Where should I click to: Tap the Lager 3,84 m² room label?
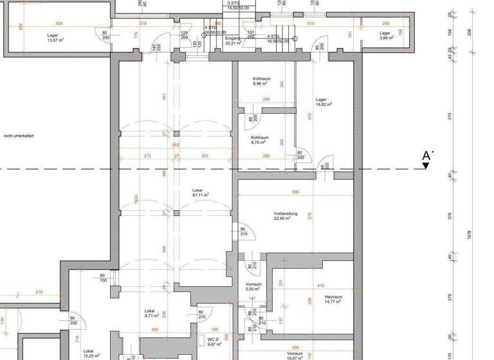coord(385,35)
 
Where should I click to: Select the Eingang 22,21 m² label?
coord(233,41)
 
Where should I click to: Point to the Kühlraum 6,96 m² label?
coord(261,82)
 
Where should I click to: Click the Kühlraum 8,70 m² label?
coord(259,139)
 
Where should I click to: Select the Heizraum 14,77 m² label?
coord(333,300)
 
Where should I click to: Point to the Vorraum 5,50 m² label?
coord(253,287)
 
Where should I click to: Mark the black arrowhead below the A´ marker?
coord(426,166)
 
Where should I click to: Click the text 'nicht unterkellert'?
coord(19,136)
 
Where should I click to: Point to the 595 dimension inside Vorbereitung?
coord(295,192)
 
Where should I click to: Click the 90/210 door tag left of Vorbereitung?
coord(244,232)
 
